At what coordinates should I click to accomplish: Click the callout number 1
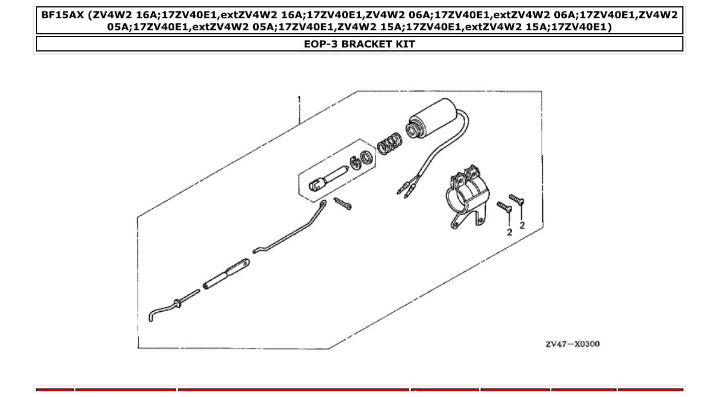[298, 100]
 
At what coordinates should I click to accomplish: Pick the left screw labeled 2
[504, 207]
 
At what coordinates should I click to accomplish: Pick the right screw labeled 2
[517, 200]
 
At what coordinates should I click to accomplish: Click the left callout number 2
[509, 232]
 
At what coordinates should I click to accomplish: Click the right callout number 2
[522, 226]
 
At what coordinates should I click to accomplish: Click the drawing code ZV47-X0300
[572, 344]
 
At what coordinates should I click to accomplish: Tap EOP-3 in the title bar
[318, 44]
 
